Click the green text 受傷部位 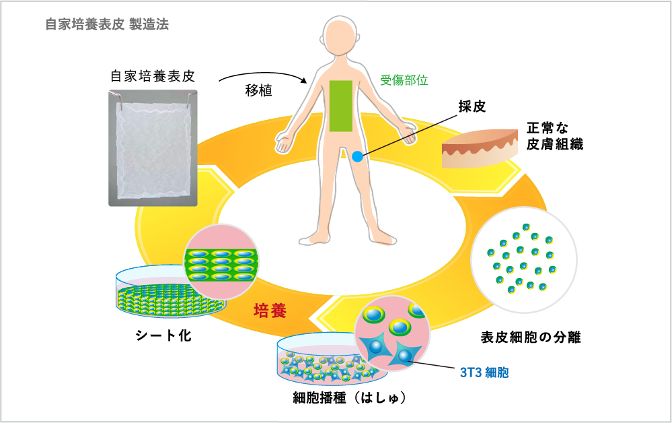(404, 79)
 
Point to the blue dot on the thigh (357, 156)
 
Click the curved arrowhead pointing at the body (304, 80)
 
